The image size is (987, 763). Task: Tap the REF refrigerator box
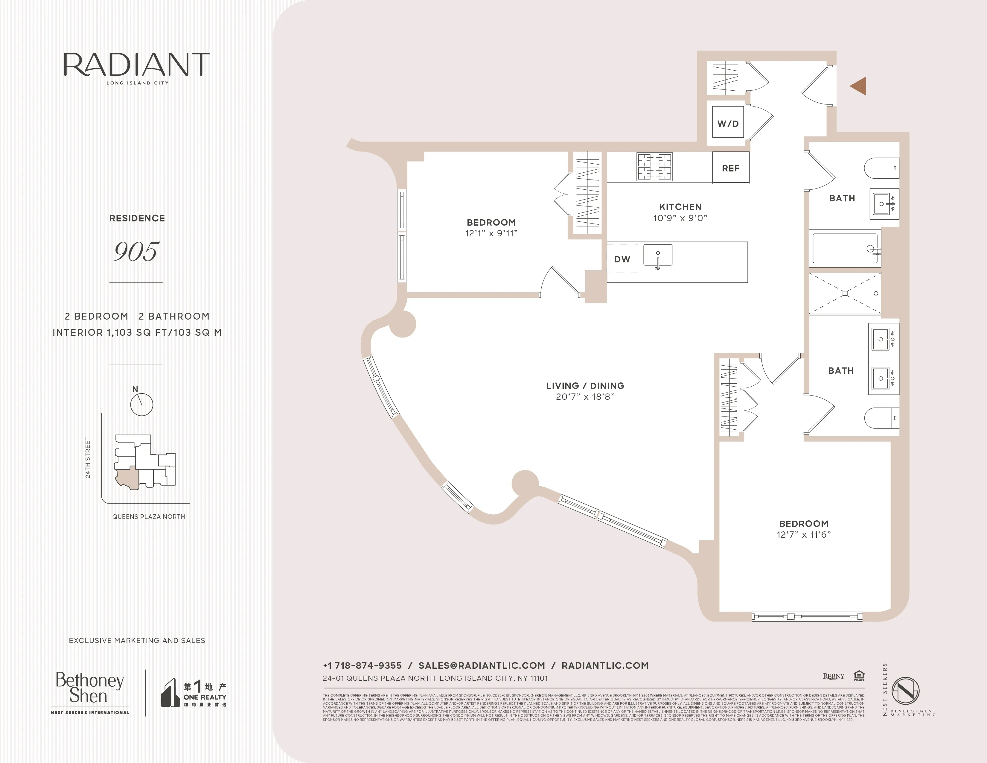click(x=730, y=168)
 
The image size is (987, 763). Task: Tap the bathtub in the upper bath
click(x=844, y=248)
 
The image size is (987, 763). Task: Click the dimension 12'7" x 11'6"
click(x=804, y=535)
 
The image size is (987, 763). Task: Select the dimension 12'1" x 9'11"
click(x=491, y=233)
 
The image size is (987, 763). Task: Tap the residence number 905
click(x=136, y=251)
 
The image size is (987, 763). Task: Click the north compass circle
click(x=141, y=405)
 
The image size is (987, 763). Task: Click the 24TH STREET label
click(x=88, y=458)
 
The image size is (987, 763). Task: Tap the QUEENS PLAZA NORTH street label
click(x=149, y=517)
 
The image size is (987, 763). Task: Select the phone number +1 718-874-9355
click(x=362, y=665)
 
